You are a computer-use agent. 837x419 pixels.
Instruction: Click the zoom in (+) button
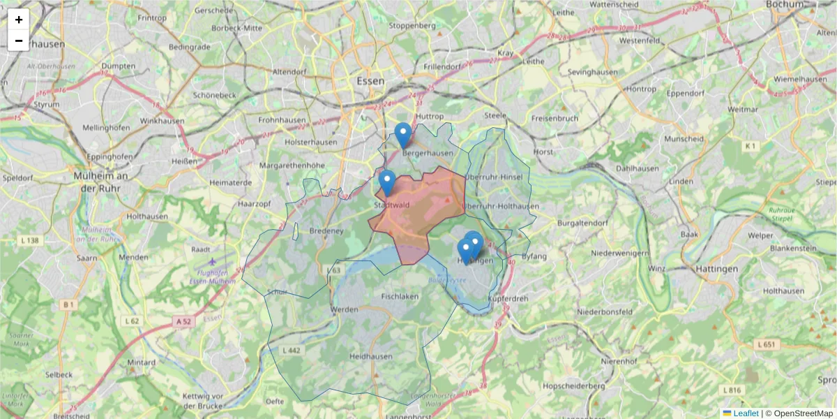(19, 20)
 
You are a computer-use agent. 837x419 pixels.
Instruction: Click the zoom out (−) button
(19, 41)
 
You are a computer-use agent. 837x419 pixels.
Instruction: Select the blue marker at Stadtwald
(387, 183)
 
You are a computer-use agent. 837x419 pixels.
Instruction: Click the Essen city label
(370, 81)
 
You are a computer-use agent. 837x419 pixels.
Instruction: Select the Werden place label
(345, 309)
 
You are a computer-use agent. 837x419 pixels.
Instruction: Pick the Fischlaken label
(400, 296)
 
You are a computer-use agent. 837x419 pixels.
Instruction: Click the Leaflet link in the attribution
(745, 413)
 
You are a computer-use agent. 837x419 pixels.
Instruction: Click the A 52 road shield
(183, 321)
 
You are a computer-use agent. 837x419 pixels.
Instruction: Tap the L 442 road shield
(292, 349)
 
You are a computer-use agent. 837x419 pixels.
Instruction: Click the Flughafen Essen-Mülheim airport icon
(212, 261)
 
